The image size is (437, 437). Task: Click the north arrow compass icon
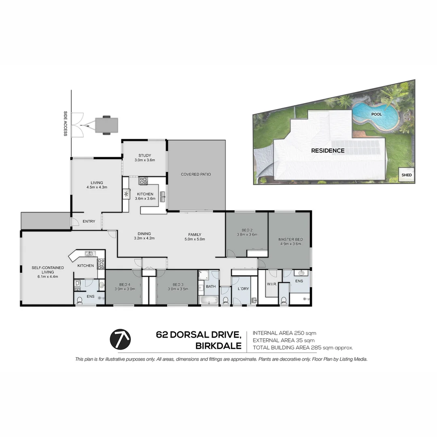120,339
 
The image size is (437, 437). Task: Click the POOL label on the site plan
376,114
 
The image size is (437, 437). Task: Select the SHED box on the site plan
406,175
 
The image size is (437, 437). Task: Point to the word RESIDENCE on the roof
328,151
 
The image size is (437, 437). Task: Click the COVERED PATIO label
196,174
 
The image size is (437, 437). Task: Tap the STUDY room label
144,155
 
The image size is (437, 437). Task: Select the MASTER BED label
291,240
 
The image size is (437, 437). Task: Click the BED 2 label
247,230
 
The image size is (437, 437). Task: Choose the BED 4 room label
125,284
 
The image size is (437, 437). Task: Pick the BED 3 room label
178,284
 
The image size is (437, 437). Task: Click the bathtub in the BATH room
208,300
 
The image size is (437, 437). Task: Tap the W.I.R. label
272,284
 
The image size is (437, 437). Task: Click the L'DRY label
243,289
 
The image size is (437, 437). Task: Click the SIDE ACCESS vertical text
65,123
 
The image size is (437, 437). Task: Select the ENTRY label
89,221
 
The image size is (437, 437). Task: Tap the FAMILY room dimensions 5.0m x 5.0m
195,239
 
